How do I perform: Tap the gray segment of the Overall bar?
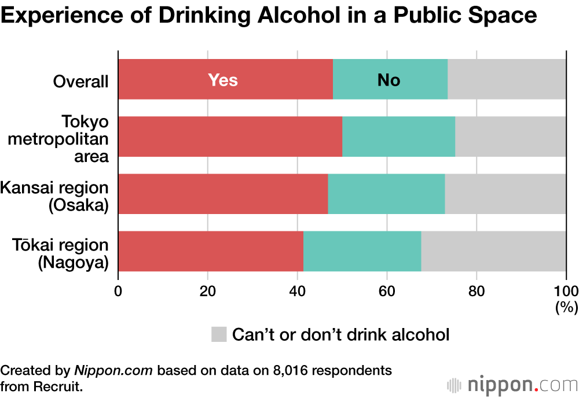click(507, 79)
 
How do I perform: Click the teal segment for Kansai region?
click(386, 194)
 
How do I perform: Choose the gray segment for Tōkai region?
click(493, 251)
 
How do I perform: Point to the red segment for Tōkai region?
click(211, 251)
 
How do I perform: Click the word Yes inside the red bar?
click(223, 80)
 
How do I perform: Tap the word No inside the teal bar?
click(389, 80)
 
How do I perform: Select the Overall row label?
click(80, 82)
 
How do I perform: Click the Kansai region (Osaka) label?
click(54, 196)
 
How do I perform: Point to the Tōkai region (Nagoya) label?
click(61, 253)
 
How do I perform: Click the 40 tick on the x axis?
click(297, 291)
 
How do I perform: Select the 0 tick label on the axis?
click(118, 291)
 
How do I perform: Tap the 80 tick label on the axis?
click(476, 291)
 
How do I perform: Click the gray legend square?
click(218, 334)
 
